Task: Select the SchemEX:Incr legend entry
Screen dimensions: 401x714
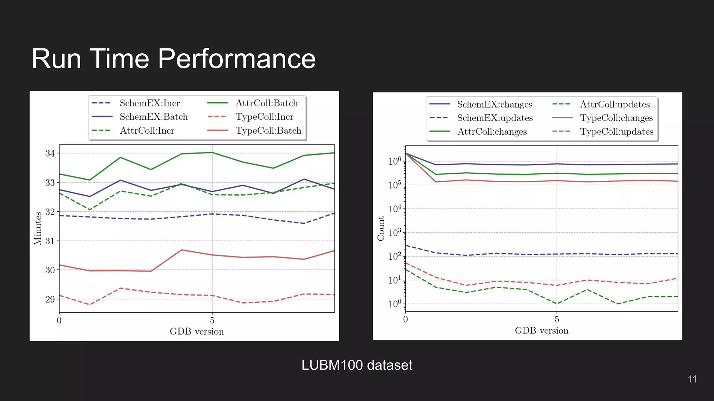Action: pyautogui.click(x=150, y=103)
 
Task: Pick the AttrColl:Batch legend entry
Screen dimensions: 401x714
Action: pyautogui.click(x=267, y=103)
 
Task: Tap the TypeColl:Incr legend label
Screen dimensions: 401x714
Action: pyautogui.click(x=264, y=117)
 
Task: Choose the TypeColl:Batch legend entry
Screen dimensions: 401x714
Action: pyautogui.click(x=268, y=131)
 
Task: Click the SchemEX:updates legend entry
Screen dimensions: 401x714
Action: pyautogui.click(x=495, y=118)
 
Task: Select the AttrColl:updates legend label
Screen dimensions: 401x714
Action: pyautogui.click(x=615, y=104)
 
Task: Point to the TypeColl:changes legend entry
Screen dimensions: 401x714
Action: pyautogui.click(x=616, y=118)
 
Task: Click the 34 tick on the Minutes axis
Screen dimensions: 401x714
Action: pyautogui.click(x=50, y=154)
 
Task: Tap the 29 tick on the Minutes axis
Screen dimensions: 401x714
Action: pyautogui.click(x=50, y=299)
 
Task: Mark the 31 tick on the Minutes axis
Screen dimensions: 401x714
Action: pyautogui.click(x=50, y=241)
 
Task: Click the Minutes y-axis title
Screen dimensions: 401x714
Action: pyautogui.click(x=38, y=228)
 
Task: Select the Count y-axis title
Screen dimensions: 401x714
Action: pyautogui.click(x=381, y=228)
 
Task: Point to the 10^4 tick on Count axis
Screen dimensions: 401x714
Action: pyautogui.click(x=395, y=209)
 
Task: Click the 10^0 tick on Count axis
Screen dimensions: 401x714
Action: pyautogui.click(x=395, y=304)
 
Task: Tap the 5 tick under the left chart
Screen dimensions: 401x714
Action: pyautogui.click(x=212, y=320)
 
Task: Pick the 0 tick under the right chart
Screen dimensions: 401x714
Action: pyautogui.click(x=405, y=319)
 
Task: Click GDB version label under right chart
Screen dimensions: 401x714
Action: pyautogui.click(x=541, y=330)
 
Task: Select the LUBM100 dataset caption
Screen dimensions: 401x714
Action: pyautogui.click(x=357, y=365)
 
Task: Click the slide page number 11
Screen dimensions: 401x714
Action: pyautogui.click(x=692, y=379)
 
